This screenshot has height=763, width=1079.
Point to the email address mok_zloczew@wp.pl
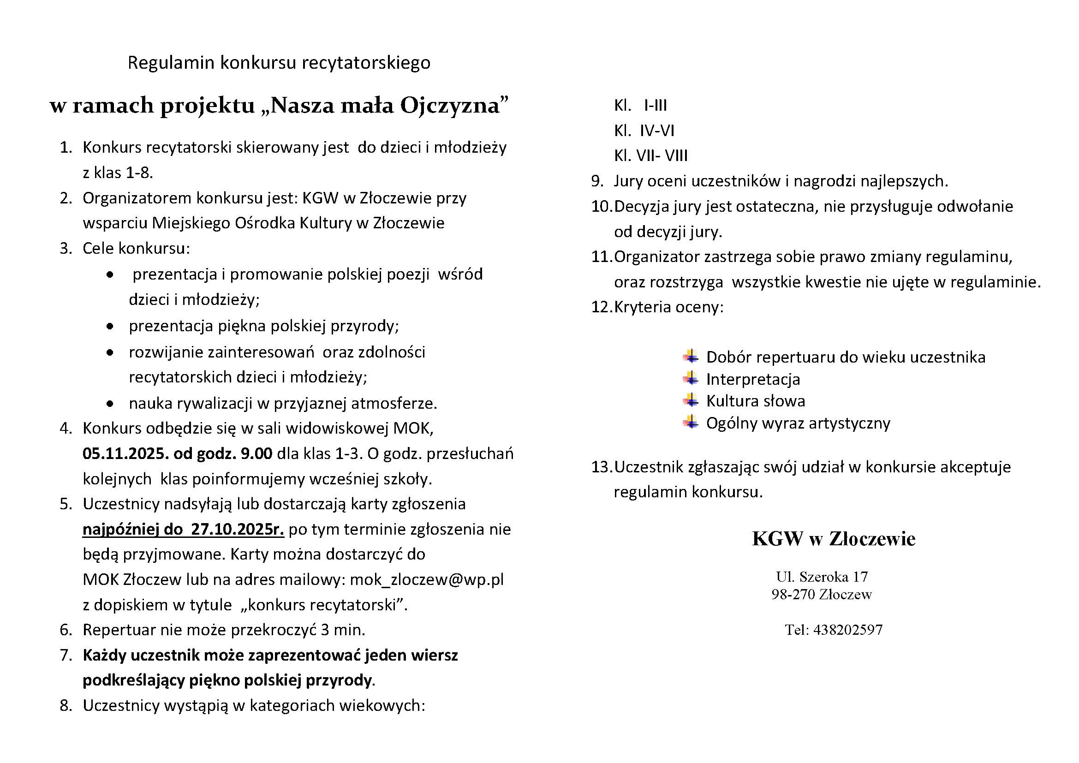(x=427, y=579)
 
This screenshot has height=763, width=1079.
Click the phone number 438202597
(x=848, y=630)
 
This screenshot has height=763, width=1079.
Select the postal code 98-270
(x=793, y=594)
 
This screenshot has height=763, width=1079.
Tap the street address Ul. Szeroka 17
(x=822, y=576)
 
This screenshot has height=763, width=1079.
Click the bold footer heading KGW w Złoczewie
(x=833, y=539)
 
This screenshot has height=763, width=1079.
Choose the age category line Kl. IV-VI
(x=644, y=130)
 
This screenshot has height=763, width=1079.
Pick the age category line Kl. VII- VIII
(x=650, y=155)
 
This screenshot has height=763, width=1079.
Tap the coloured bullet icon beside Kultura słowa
(x=691, y=400)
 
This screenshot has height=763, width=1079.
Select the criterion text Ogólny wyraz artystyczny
(x=798, y=423)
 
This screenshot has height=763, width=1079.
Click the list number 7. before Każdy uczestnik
(x=66, y=655)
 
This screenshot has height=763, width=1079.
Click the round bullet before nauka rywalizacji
(x=110, y=403)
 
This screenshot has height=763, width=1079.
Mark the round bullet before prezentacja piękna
(x=110, y=326)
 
